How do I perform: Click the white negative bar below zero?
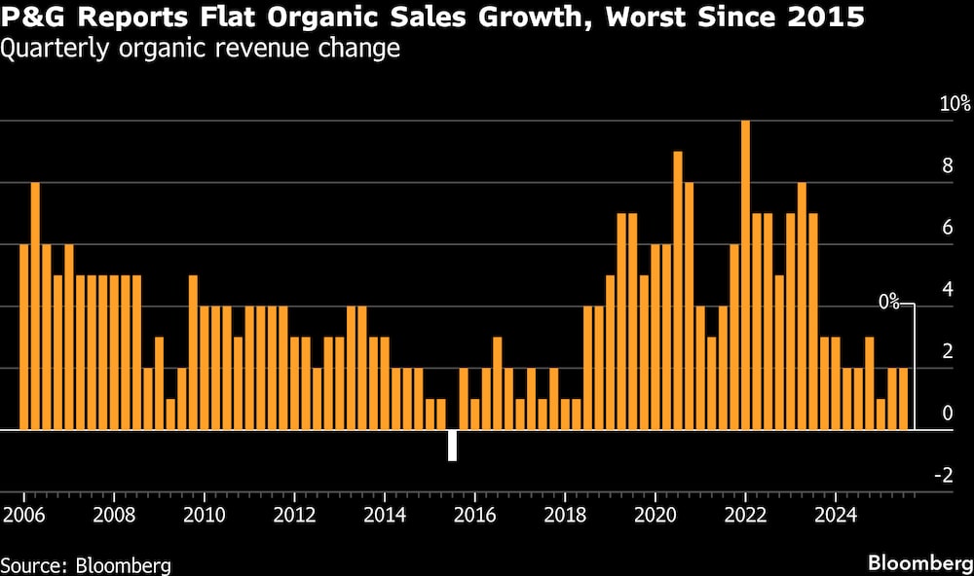coord(452,445)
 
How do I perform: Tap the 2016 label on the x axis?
coord(473,513)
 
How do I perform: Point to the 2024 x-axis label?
coord(835,513)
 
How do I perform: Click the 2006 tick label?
coord(22,513)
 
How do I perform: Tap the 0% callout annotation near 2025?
coord(888,303)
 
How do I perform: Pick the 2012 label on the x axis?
coord(293,513)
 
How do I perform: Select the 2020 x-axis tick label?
coord(655,513)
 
